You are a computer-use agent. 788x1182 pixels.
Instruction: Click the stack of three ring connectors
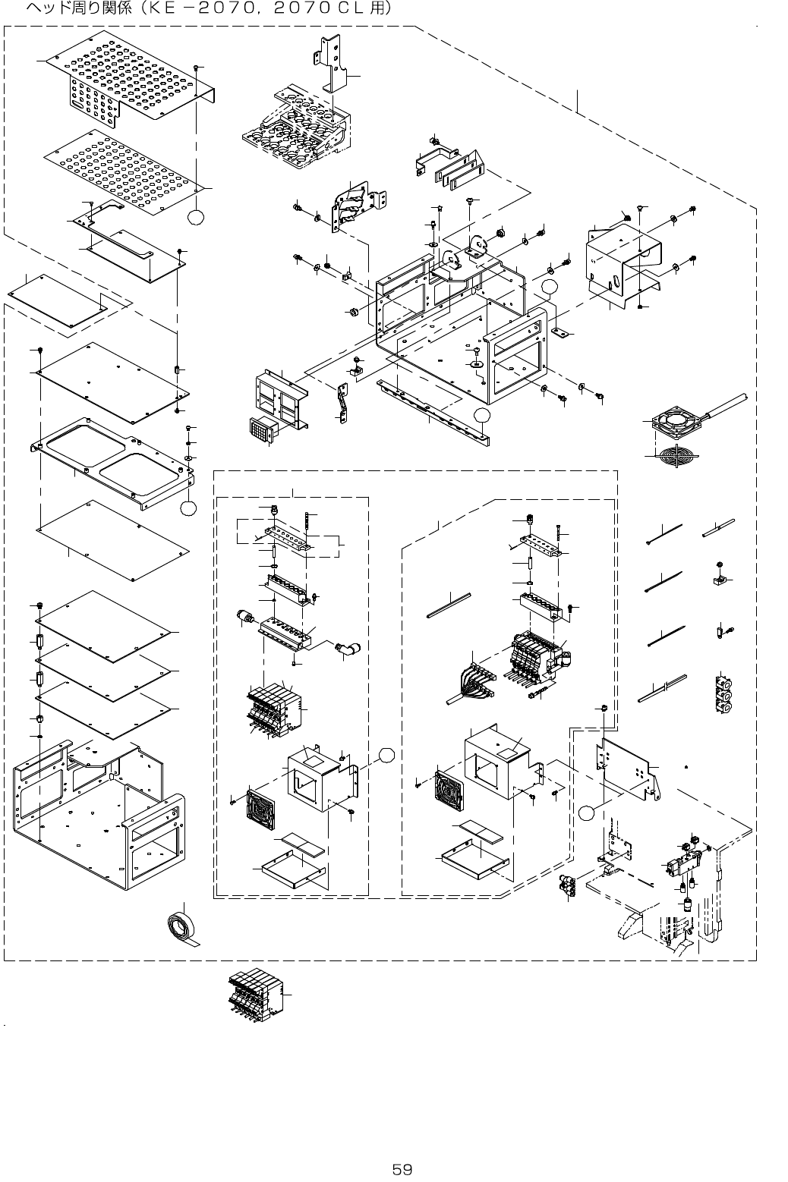(x=724, y=693)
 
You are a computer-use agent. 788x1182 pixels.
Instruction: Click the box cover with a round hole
(x=620, y=265)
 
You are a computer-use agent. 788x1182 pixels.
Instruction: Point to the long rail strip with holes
(x=433, y=413)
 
